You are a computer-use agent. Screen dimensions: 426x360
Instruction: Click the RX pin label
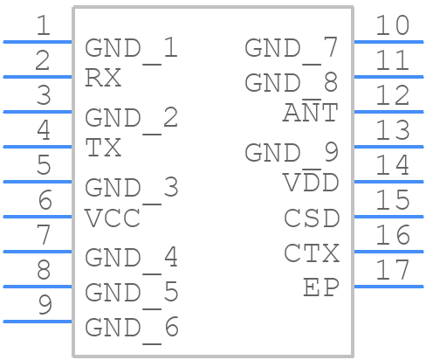click(103, 78)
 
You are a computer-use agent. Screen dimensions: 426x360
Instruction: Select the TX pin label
click(103, 148)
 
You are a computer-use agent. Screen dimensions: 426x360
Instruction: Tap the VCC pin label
click(113, 218)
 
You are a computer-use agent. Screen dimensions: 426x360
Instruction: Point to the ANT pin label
click(311, 113)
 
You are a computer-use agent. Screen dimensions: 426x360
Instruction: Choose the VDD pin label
click(311, 183)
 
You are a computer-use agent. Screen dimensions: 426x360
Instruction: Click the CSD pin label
click(312, 218)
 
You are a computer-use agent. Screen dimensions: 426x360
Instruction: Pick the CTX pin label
click(312, 253)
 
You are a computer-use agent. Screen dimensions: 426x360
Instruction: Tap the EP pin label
click(321, 287)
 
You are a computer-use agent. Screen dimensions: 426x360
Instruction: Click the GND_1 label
click(131, 50)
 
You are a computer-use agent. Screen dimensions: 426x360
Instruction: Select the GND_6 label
click(132, 329)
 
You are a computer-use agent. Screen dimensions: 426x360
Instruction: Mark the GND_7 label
click(292, 50)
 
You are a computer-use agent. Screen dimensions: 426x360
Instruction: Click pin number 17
click(393, 270)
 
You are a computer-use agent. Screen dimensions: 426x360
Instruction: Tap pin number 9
click(45, 305)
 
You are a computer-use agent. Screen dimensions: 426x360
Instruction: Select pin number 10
click(393, 25)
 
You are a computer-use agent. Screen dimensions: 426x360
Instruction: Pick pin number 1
click(44, 25)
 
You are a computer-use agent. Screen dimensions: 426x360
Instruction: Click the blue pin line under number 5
click(38, 182)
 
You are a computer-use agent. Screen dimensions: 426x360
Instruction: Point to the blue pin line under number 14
click(388, 182)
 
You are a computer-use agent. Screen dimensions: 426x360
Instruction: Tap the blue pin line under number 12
click(388, 112)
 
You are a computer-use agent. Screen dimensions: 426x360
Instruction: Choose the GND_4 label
click(131, 260)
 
